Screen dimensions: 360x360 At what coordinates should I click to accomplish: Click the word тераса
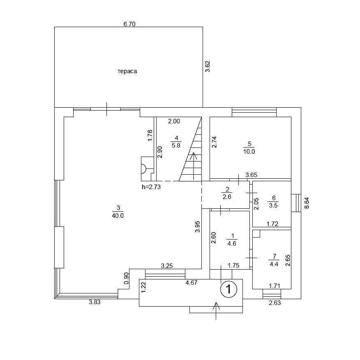coord(127,71)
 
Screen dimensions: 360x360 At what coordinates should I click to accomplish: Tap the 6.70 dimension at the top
coord(129,24)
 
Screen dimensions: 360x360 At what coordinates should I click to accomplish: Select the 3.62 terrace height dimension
coord(208,67)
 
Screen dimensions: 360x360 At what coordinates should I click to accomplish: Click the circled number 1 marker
coord(228,289)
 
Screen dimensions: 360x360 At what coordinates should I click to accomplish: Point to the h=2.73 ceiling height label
coord(150,187)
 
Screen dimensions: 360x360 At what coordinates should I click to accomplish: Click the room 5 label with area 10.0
coord(249,148)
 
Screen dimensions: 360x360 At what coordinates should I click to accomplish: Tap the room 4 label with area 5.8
coord(176,142)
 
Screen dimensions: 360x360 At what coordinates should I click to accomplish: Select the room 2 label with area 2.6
coord(226,193)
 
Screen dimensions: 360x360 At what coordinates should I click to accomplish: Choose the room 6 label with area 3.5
coord(273,201)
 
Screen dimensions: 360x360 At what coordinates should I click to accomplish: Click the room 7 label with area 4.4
coord(273,261)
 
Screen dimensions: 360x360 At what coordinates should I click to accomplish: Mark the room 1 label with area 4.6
coord(232,240)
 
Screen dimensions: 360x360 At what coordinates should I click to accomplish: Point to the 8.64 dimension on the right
coord(307,203)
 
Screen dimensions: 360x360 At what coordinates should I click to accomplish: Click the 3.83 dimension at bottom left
coord(95,302)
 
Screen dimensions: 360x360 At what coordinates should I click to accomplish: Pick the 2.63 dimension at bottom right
coord(275,303)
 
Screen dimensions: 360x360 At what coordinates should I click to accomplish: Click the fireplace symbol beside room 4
coord(145,168)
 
